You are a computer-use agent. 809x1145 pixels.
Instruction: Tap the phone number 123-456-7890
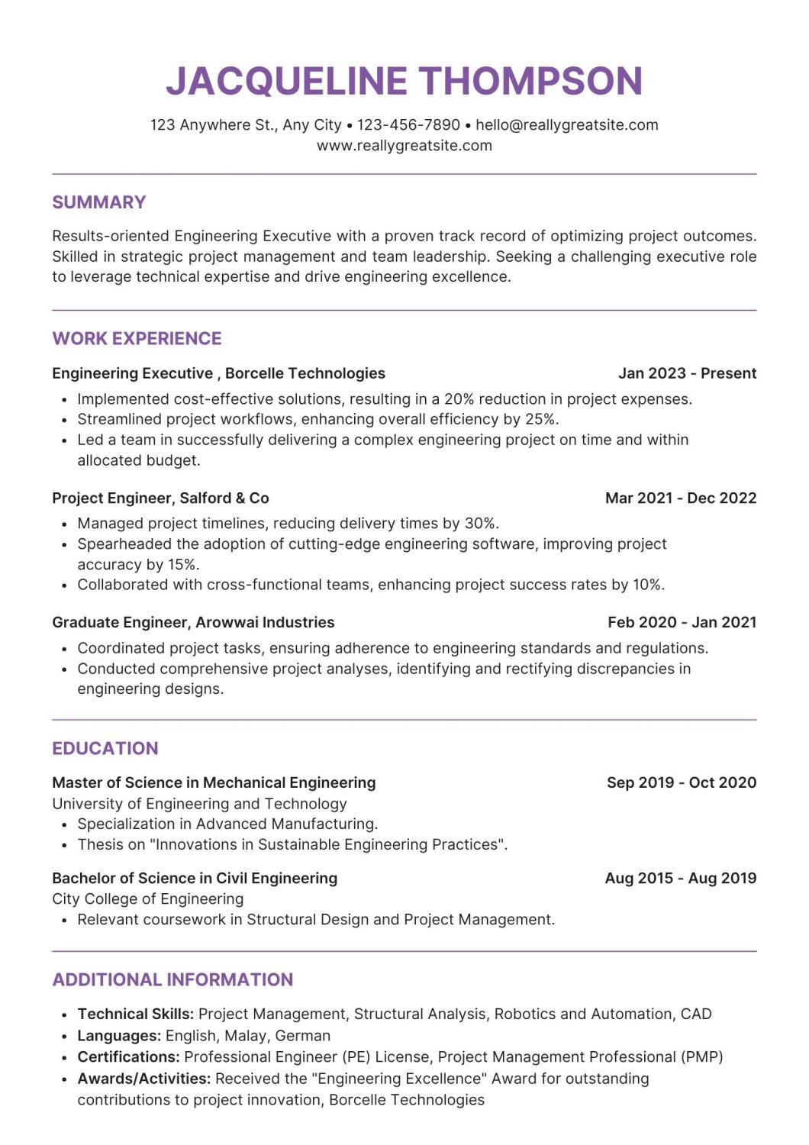[409, 125]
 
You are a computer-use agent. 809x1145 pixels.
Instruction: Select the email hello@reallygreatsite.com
[566, 125]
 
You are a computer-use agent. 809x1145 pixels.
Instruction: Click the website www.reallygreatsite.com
[404, 146]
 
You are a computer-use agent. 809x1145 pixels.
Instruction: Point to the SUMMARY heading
[99, 202]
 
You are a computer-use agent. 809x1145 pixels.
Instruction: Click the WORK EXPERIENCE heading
[137, 339]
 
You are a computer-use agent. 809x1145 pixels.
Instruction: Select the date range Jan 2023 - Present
[687, 373]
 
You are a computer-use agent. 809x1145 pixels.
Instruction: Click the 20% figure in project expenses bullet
[459, 399]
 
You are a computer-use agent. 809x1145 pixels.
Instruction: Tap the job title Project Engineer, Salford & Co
[160, 498]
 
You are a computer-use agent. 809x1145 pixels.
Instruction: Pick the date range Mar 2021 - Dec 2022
[681, 498]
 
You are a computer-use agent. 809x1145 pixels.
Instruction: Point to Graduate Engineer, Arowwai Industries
[193, 623]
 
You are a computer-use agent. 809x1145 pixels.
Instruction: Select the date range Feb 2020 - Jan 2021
[682, 623]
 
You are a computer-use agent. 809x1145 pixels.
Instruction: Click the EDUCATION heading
[105, 749]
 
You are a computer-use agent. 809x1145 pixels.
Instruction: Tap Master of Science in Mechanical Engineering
[214, 783]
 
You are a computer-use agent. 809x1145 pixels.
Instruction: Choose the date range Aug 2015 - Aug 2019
[680, 879]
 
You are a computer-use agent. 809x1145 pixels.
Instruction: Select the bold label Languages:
[119, 1037]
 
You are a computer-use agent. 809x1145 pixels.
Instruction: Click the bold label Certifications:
[128, 1058]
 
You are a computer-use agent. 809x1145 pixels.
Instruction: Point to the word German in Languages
[303, 1037]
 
